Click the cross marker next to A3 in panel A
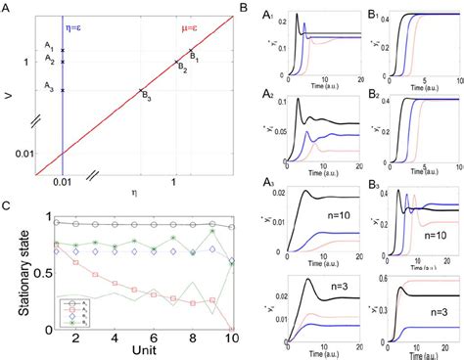point(62,90)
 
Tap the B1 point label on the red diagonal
point(195,57)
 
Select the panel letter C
point(8,205)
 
